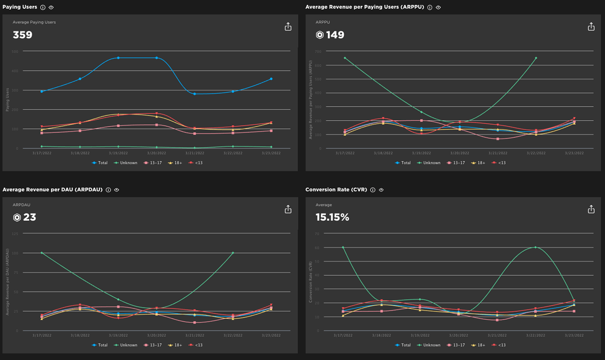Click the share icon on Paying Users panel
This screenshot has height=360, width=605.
point(288,27)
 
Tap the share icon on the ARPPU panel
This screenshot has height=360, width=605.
point(591,27)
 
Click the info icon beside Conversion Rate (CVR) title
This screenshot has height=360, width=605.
point(373,190)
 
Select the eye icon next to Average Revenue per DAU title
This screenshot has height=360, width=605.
point(117,190)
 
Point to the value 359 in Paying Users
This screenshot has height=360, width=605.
point(23,35)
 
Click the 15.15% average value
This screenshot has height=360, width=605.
point(332,217)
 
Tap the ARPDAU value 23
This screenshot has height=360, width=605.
point(30,217)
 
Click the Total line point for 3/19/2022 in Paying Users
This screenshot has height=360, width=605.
point(118,58)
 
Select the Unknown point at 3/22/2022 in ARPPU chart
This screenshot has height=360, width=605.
point(536,58)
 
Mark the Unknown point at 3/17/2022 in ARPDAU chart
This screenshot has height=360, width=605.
point(42,253)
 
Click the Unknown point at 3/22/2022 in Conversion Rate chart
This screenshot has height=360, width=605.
point(536,247)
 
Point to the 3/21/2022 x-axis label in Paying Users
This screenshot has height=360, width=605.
point(194,153)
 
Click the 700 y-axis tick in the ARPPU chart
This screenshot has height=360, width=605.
point(318,51)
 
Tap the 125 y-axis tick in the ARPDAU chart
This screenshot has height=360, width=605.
point(15,234)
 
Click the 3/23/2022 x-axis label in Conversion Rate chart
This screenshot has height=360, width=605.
point(574,336)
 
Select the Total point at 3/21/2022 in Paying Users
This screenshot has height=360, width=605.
point(194,94)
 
